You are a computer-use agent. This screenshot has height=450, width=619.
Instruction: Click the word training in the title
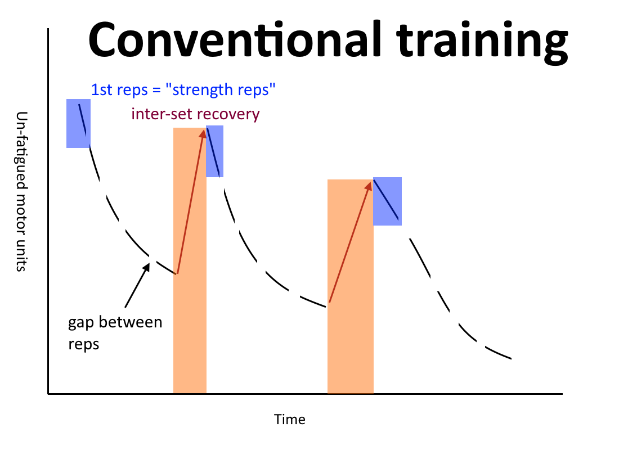pos(482,43)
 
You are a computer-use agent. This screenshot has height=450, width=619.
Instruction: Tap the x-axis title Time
pos(289,419)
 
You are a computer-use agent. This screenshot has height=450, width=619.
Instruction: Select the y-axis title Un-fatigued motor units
pos(21,191)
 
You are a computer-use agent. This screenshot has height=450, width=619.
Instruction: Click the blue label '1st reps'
pos(119,89)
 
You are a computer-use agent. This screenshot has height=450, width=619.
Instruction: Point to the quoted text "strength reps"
pos(220,90)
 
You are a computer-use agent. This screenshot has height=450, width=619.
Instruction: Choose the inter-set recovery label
pos(195,114)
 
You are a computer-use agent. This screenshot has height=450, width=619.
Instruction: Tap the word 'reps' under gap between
pos(84,345)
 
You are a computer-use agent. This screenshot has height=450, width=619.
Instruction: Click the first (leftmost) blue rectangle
pos(78,123)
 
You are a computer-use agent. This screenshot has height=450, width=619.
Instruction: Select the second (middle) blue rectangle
pos(215,151)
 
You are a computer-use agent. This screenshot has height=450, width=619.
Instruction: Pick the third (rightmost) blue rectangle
pos(387,201)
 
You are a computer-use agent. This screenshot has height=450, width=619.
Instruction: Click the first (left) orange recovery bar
pos(190,260)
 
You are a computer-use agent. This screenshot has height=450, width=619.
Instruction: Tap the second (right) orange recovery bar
pos(351,286)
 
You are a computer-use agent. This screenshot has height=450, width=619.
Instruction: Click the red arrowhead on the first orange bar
pos(203,133)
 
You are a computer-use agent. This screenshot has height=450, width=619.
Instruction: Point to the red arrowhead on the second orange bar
pos(369,186)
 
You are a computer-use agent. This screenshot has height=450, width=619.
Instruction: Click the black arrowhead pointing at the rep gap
pos(147,267)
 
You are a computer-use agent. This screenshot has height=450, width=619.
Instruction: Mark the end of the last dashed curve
pos(511,359)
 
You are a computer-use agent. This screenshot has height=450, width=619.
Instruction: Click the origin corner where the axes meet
pos(48,394)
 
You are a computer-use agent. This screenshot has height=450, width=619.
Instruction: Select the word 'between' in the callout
pos(131,322)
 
